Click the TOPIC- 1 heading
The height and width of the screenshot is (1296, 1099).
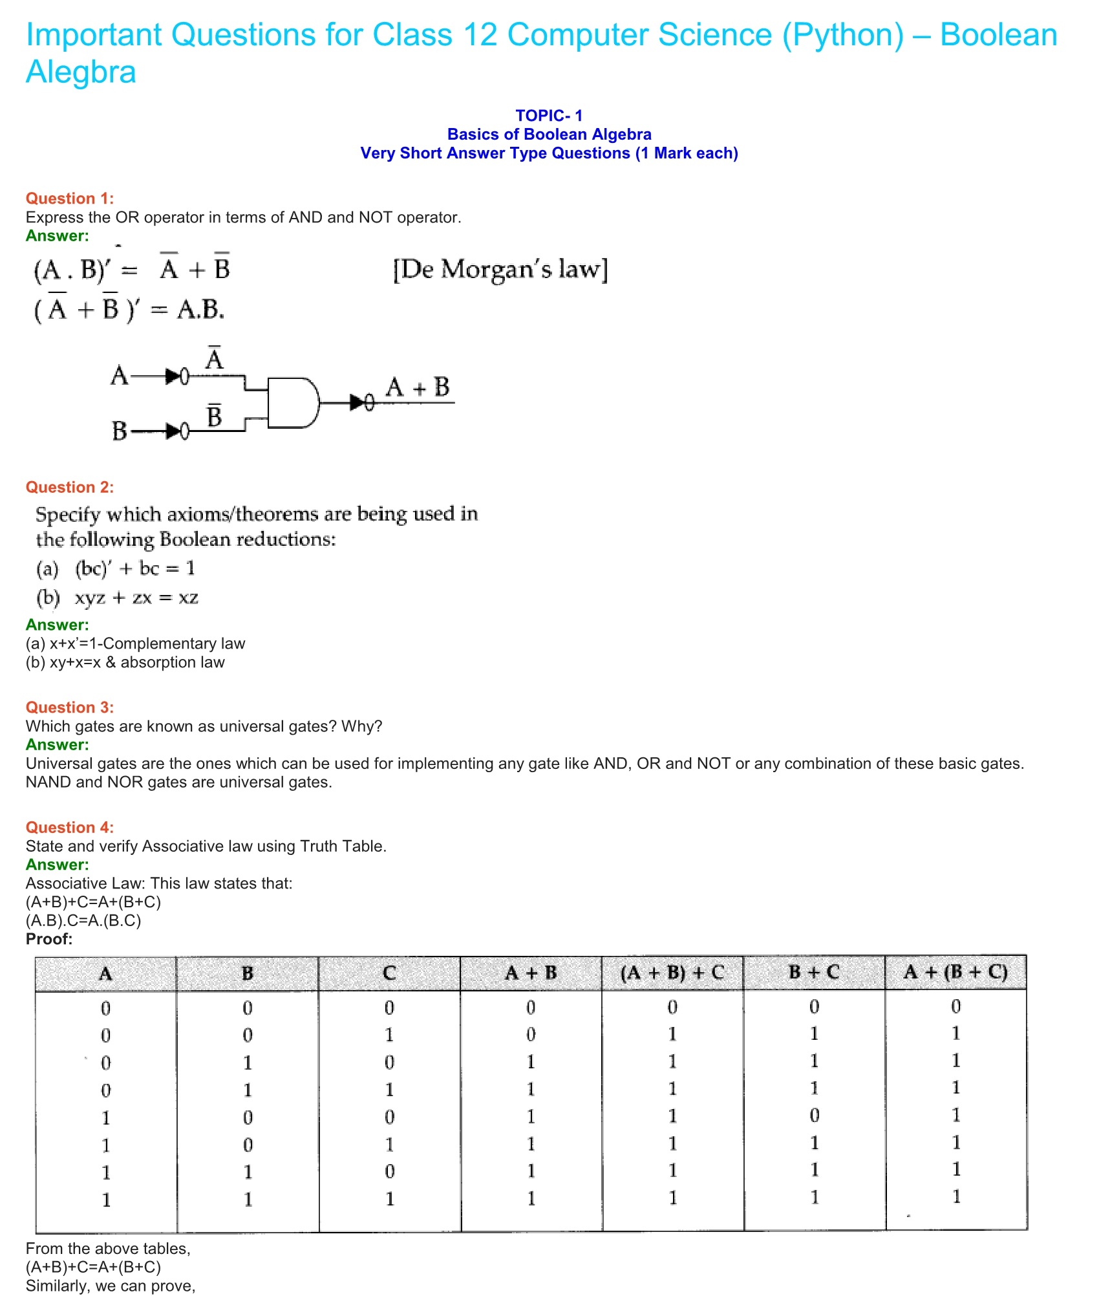(549, 116)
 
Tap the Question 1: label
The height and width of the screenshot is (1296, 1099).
(69, 199)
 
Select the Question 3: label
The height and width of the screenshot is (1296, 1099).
(69, 707)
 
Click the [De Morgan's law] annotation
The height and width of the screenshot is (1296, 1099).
(500, 269)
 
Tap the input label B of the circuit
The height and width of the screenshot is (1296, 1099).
(119, 431)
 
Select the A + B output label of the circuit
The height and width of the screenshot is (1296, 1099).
(418, 388)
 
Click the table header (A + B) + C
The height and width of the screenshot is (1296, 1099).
(672, 973)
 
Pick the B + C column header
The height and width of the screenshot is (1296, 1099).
(814, 973)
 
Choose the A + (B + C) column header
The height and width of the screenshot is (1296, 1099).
(955, 973)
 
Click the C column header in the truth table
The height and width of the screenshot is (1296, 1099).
(389, 973)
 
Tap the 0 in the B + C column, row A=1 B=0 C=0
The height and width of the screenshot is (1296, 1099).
(814, 1116)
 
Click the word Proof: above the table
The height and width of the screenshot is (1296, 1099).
(49, 939)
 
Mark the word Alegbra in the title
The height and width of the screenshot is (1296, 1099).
(81, 72)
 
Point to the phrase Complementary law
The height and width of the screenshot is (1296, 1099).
(174, 643)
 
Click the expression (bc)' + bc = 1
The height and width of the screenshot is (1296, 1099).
(134, 568)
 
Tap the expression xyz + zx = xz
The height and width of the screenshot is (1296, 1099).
(136, 598)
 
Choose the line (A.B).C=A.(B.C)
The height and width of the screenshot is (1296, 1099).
(83, 920)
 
